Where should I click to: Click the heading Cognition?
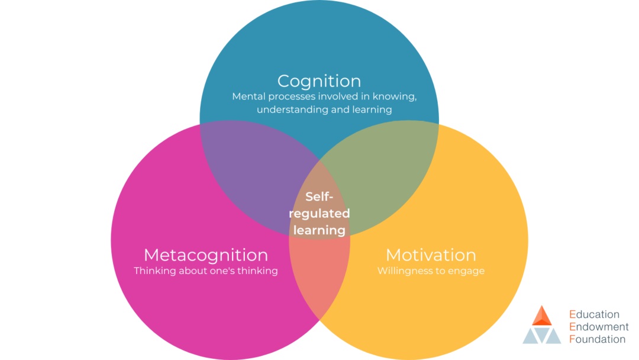[x=319, y=81]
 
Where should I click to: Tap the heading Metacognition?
[x=205, y=255]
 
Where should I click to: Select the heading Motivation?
[x=431, y=255]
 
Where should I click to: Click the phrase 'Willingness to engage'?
[x=431, y=271]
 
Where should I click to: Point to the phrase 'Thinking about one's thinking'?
[x=205, y=271]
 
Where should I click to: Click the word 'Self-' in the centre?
[x=319, y=197]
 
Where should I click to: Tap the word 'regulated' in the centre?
[x=319, y=213]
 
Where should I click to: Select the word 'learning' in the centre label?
[x=319, y=230]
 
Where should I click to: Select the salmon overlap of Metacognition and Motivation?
[x=319, y=278]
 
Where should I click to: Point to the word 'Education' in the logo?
[x=594, y=314]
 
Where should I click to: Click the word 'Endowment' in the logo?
[x=599, y=327]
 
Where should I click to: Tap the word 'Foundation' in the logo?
[x=597, y=339]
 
